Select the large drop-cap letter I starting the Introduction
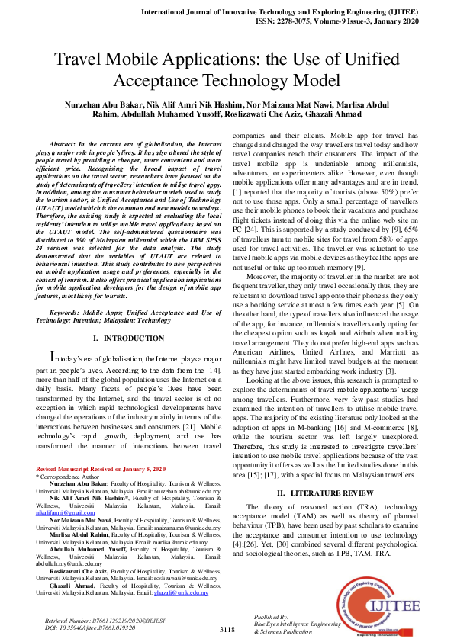(52, 357)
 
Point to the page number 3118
(227, 629)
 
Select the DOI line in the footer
(84, 628)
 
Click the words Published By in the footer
(272, 616)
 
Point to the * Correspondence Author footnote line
(61, 476)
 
